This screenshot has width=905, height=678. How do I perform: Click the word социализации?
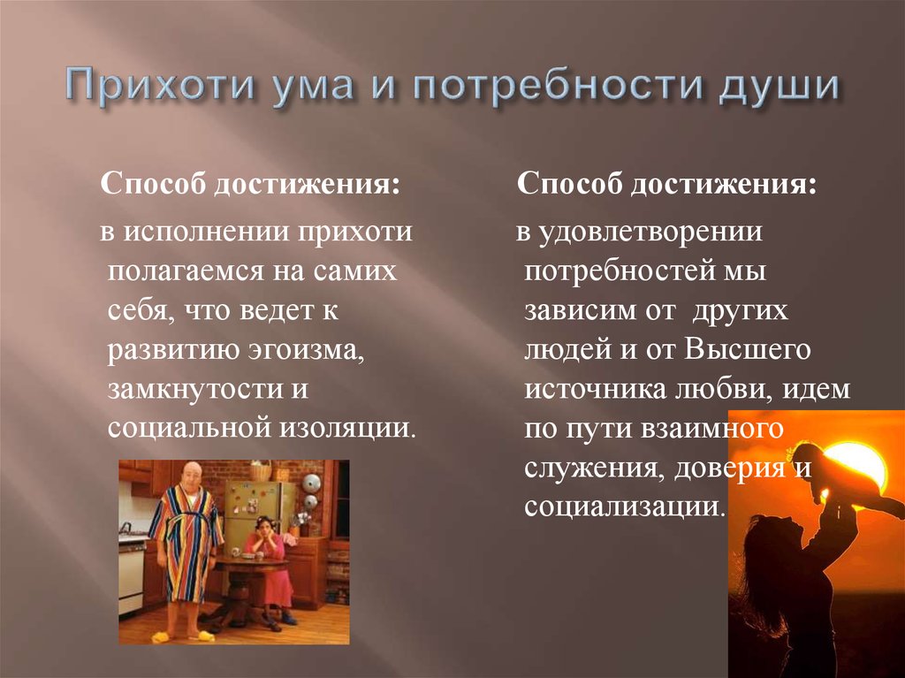point(624,507)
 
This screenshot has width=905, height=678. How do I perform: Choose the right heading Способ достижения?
point(666,186)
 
